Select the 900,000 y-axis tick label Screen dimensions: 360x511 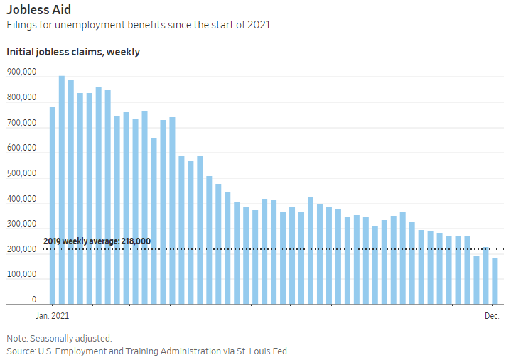(21, 72)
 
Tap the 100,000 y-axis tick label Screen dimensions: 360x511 (21, 275)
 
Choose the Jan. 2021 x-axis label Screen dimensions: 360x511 (53, 315)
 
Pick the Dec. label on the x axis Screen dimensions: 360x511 (493, 315)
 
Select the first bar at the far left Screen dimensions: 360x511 (53, 206)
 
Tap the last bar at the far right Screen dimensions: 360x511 (495, 281)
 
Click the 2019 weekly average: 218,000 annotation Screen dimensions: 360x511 (97, 241)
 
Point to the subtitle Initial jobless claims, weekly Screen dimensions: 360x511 (73, 52)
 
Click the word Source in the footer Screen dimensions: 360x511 (21, 351)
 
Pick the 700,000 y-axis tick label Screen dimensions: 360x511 (21, 124)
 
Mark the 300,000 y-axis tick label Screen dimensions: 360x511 (21, 224)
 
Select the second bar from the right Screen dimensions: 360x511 (485, 276)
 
